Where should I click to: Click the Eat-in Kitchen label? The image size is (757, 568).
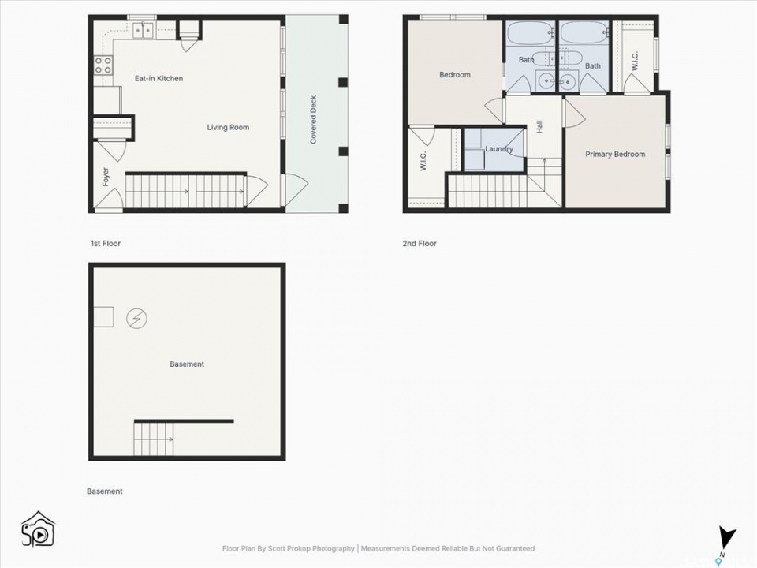158,78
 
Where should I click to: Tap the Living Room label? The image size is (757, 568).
228,127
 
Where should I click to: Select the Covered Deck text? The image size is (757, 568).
313,119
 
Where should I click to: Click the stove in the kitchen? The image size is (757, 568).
103,65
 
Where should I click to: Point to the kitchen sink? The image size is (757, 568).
144,31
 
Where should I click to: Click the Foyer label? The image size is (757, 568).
106,177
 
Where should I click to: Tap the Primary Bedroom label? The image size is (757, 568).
615,154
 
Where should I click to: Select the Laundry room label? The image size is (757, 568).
498,149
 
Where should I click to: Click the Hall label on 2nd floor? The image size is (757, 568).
539,127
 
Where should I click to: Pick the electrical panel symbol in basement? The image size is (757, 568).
136,319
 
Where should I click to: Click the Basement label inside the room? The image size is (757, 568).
187,364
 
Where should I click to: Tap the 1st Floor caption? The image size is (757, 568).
106,244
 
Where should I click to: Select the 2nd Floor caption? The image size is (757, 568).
420,244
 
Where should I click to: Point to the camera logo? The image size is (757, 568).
38,530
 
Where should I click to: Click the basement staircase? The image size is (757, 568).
154,439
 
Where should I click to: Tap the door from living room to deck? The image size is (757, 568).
293,190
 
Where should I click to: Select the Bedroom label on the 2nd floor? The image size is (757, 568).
455,74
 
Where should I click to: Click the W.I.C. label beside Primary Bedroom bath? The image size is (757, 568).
635,61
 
